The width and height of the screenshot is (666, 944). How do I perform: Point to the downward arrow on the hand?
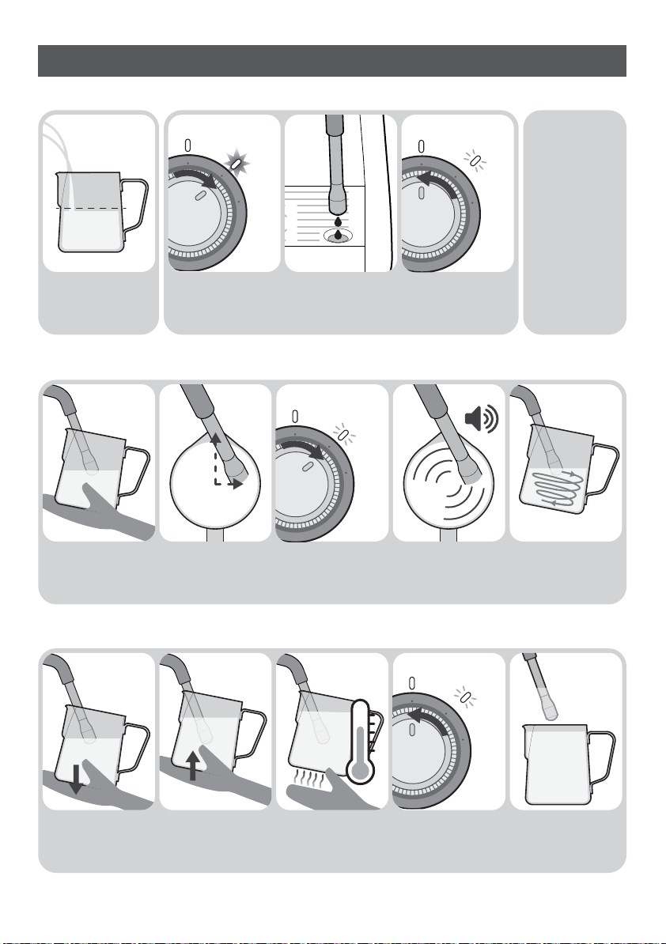point(76,779)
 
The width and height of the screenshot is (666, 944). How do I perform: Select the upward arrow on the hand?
point(193,765)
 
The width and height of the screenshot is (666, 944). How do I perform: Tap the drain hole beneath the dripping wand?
point(338,236)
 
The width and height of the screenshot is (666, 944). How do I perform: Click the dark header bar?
point(331,61)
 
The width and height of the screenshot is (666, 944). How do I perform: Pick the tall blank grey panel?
point(574,221)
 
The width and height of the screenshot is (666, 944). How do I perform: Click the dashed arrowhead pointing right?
point(238,483)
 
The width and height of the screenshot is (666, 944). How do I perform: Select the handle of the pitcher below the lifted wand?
point(602,759)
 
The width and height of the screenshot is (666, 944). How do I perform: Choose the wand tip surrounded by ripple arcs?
point(470,474)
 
